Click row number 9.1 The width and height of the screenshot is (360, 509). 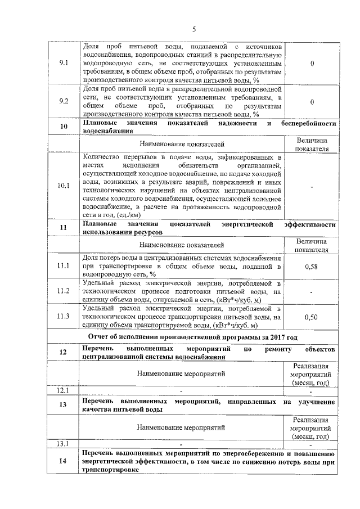coord(64,64)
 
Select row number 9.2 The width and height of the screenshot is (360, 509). coord(64,101)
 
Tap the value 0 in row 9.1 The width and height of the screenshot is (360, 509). coord(312,64)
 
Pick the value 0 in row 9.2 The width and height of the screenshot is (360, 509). coord(312,101)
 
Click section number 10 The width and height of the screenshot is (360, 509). coord(64,127)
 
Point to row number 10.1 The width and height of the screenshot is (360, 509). coord(64,185)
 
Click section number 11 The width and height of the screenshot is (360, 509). coord(64,228)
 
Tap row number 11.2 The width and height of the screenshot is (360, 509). coord(64,291)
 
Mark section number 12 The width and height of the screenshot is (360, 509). coord(64,353)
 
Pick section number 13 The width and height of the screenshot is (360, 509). coord(64,406)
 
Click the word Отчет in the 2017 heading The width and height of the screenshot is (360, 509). coord(101,337)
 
